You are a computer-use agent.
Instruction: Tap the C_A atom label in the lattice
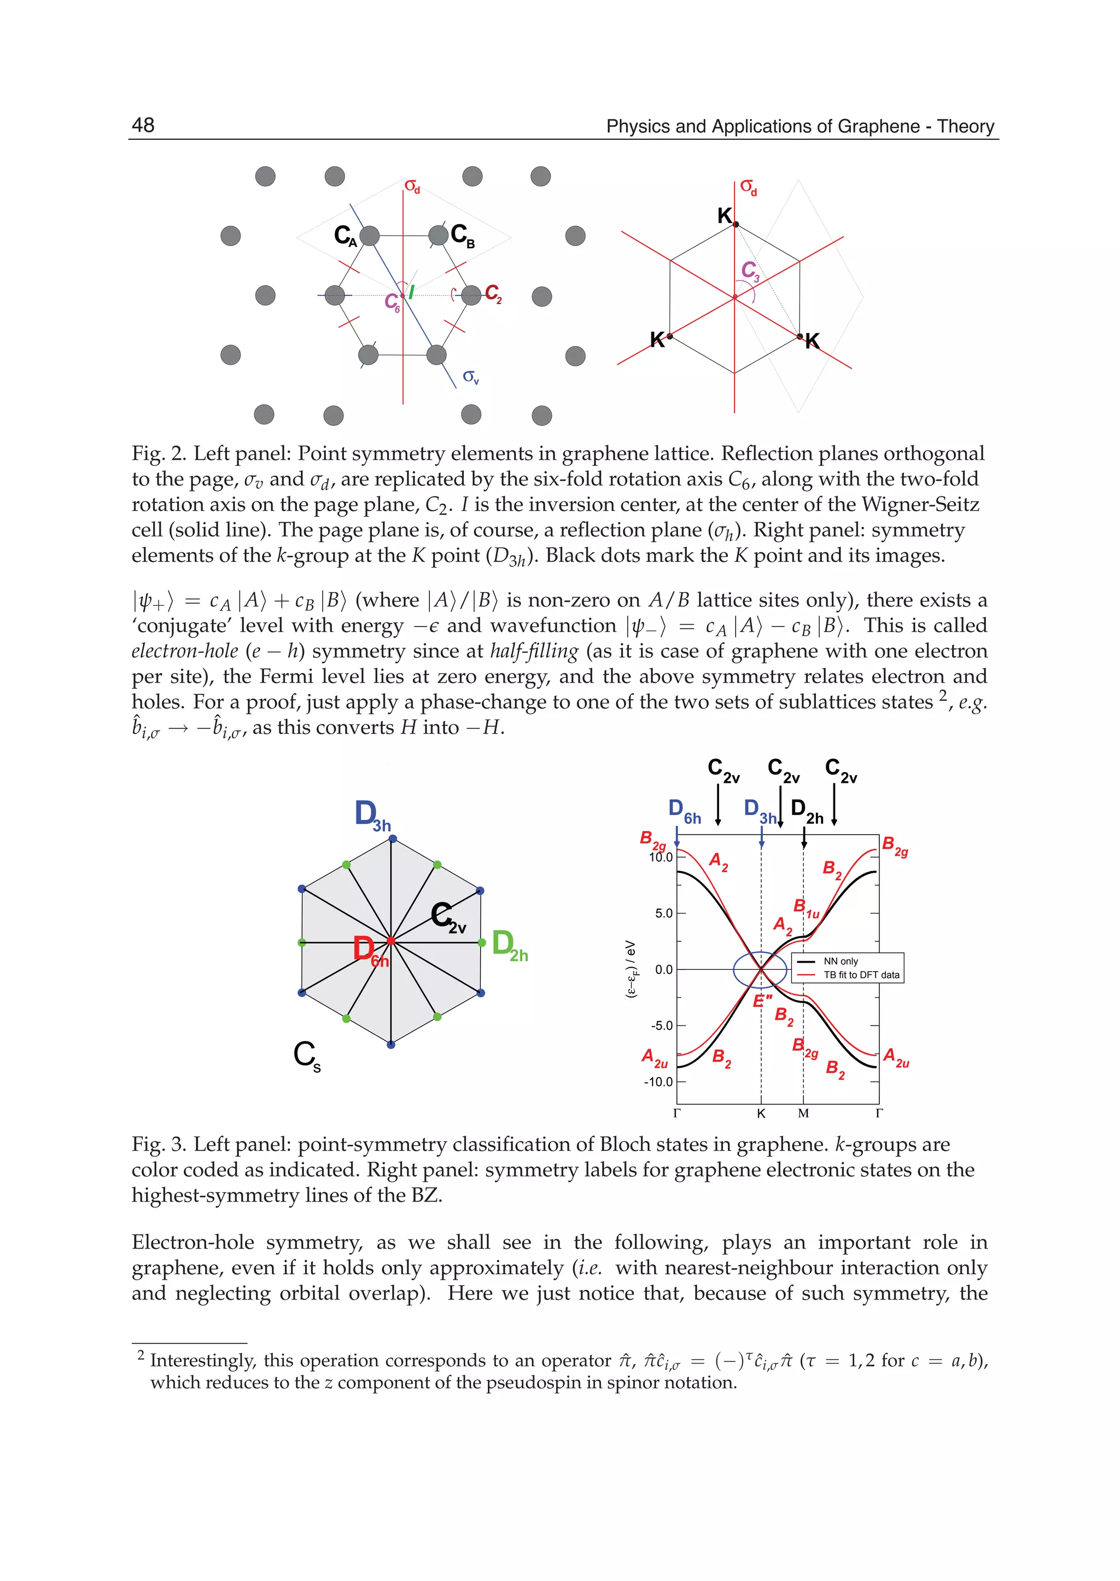point(345,236)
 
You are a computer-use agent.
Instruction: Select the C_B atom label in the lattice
point(462,236)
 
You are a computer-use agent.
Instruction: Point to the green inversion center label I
point(411,292)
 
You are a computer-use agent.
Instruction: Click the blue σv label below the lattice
point(470,377)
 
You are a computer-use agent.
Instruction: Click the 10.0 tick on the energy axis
point(660,857)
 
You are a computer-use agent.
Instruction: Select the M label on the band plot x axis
point(803,1114)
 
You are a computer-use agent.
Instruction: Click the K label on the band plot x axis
point(761,1114)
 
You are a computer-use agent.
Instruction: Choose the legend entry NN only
point(841,961)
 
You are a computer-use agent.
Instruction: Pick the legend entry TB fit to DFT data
point(861,975)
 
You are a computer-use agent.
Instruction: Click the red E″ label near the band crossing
point(762,1001)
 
